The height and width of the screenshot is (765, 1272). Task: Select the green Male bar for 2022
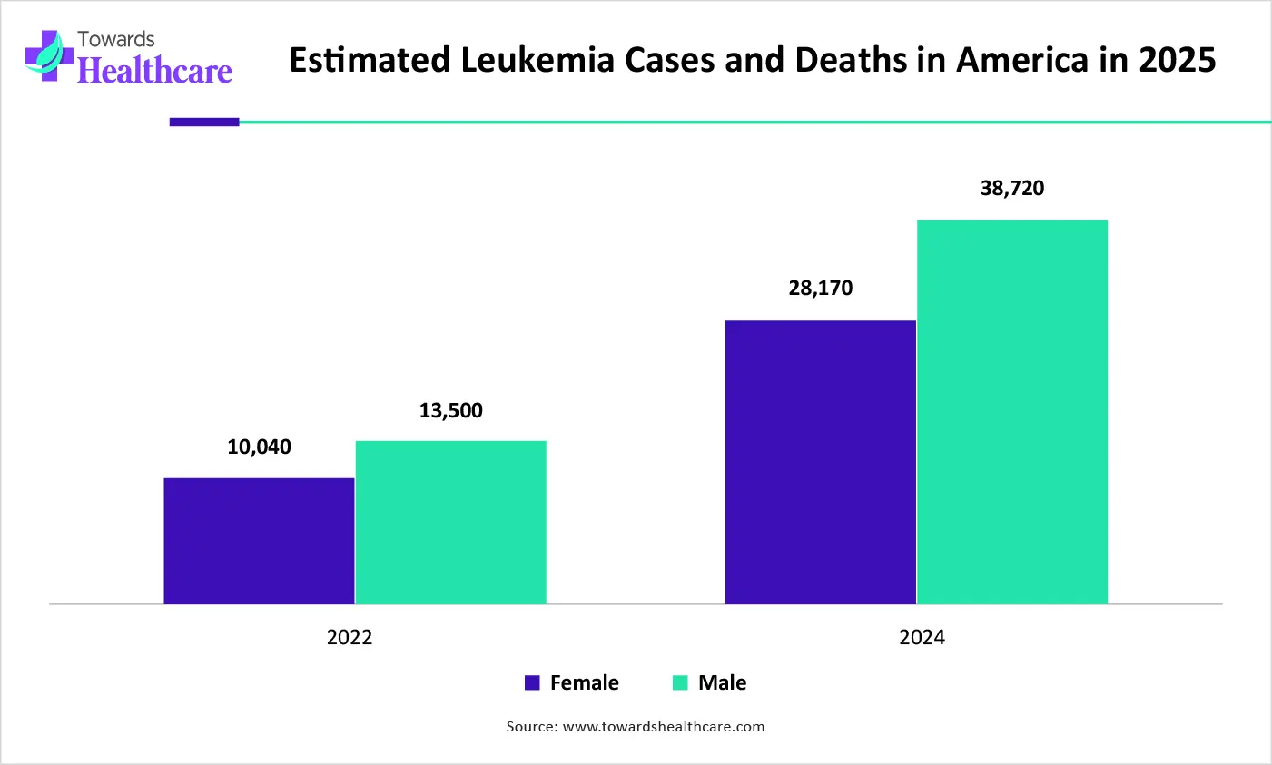[x=450, y=522]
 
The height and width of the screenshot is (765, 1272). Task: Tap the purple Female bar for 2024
[x=821, y=462]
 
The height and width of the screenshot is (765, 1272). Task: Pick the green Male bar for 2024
[x=1012, y=411]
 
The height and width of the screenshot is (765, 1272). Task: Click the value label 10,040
[x=259, y=446]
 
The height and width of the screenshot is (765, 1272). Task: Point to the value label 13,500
[x=450, y=410]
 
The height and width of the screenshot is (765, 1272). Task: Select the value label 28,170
[x=821, y=289]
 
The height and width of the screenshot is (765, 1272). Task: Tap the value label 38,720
[x=1012, y=189]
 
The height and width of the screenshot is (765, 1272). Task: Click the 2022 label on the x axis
[x=350, y=637]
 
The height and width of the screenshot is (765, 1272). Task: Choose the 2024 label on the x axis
[x=922, y=637]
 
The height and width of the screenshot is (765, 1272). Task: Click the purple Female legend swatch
[x=532, y=682]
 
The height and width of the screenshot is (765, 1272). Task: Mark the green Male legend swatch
[x=680, y=682]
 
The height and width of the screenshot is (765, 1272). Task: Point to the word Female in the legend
[x=584, y=682]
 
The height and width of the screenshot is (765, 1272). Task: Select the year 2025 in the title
[x=1178, y=60]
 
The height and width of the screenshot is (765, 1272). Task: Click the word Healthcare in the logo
[x=155, y=72]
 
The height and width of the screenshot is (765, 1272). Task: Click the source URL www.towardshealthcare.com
[x=664, y=726]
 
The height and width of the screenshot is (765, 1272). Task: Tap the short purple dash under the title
[x=204, y=122]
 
